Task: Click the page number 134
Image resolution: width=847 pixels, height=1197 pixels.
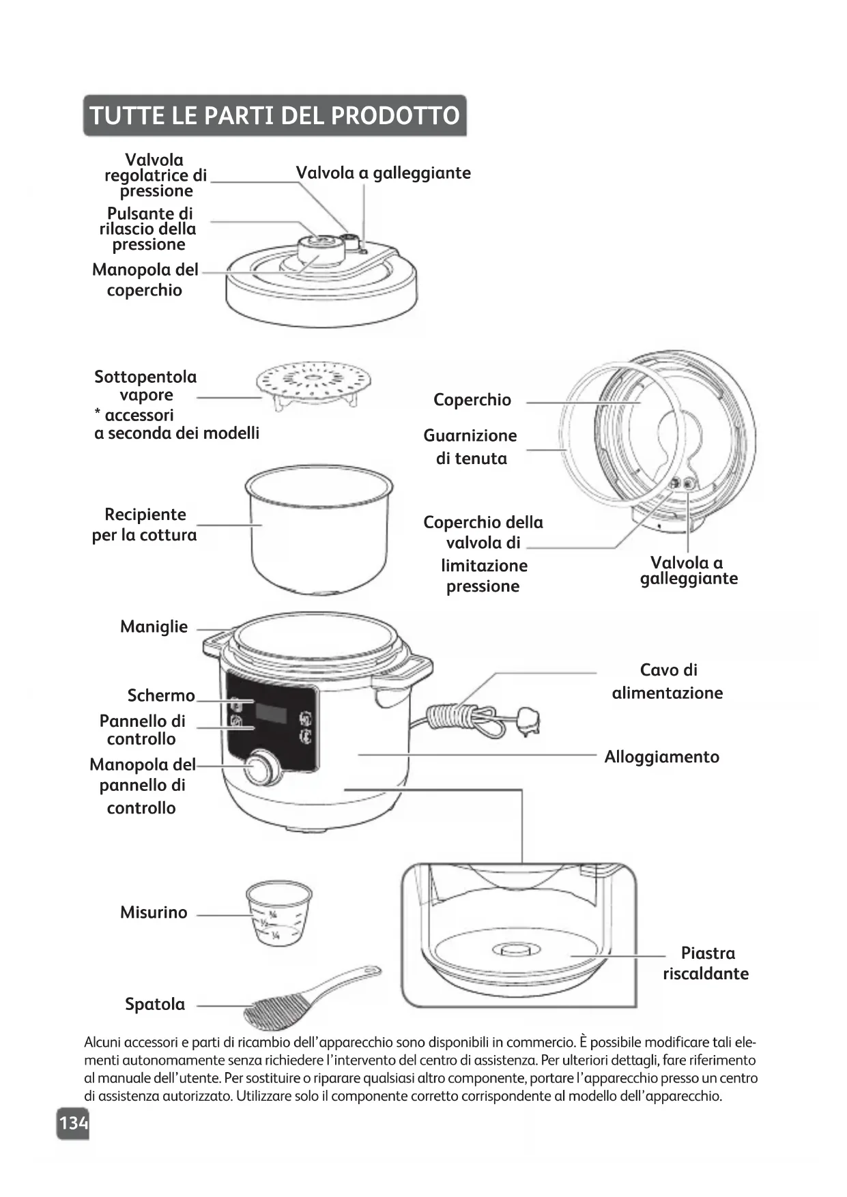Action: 73,1123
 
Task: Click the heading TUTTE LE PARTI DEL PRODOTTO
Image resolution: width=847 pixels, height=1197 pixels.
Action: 274,115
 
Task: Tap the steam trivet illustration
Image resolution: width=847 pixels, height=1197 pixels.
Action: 313,383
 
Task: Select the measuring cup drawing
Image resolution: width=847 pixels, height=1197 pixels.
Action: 278,912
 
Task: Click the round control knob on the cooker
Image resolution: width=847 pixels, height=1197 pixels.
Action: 261,769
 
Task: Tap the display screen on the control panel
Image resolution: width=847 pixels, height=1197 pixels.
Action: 272,714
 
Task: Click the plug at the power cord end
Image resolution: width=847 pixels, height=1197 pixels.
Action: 528,720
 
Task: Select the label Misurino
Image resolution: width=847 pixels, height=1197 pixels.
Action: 154,912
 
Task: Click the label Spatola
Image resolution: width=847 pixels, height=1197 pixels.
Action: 155,1004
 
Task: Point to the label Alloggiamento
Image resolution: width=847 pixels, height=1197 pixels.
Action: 661,757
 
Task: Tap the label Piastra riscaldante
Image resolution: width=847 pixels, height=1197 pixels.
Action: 706,963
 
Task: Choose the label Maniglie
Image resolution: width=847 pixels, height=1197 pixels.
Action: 154,626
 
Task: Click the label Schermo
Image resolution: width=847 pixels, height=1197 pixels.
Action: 161,695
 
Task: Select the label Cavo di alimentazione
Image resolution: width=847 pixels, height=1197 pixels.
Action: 667,681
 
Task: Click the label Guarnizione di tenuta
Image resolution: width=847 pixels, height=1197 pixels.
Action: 470,446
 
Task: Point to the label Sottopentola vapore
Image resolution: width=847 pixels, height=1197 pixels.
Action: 145,386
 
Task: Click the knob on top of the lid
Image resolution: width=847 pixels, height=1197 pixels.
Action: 319,248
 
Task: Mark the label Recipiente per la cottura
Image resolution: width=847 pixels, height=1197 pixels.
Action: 144,524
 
